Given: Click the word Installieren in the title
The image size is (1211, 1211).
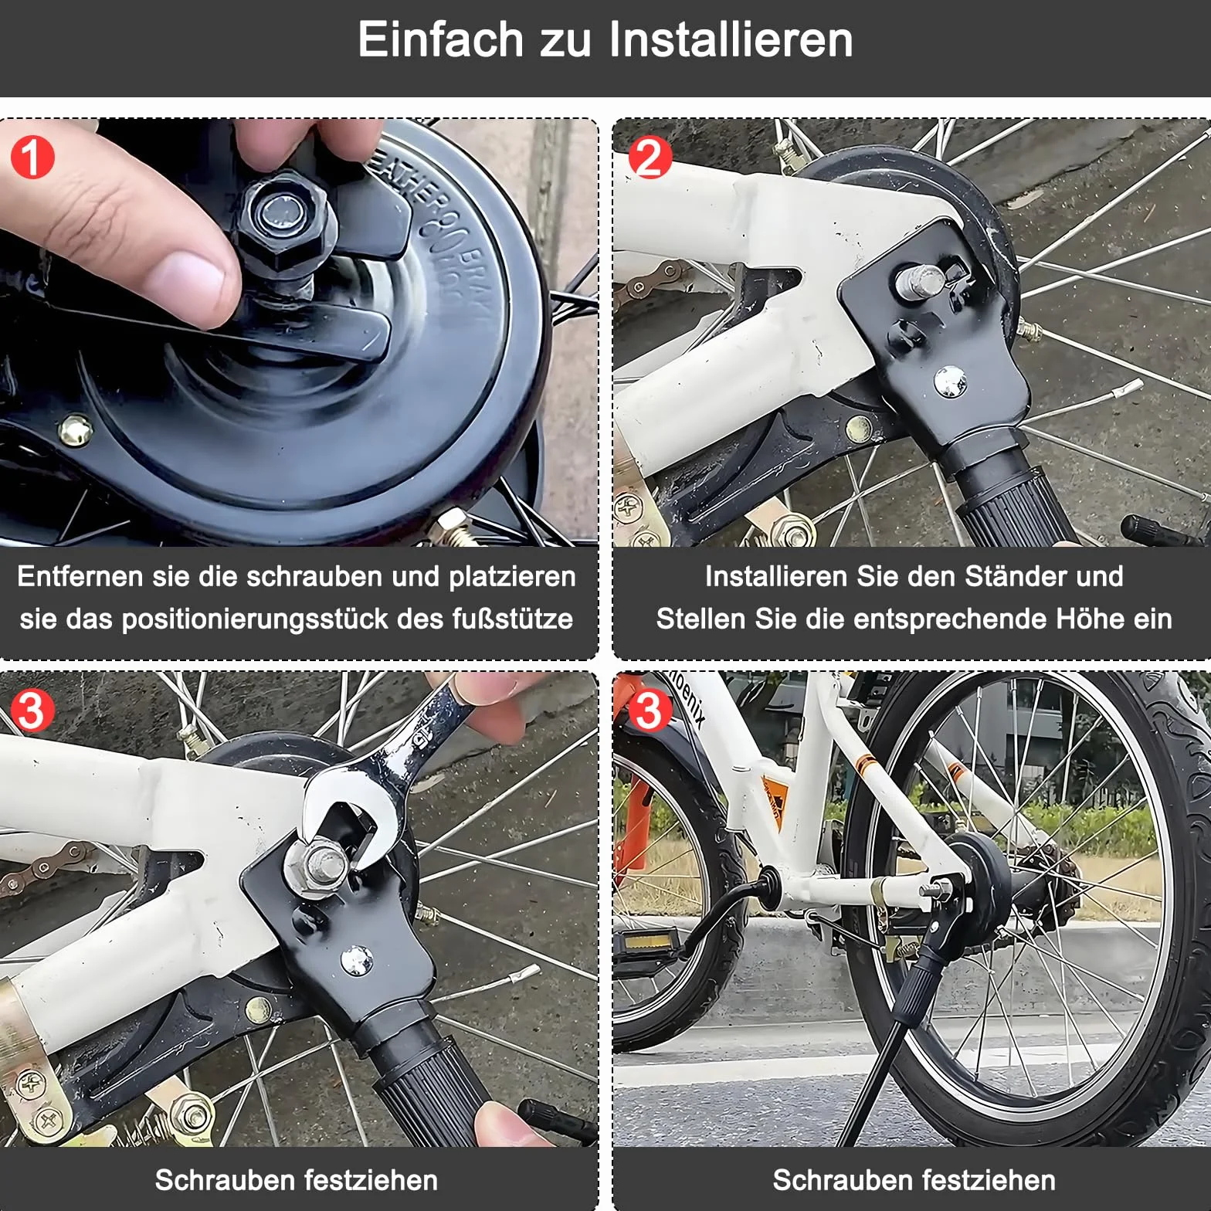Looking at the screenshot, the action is pyautogui.click(x=731, y=40).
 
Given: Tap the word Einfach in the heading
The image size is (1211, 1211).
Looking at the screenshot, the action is pyautogui.click(x=440, y=40).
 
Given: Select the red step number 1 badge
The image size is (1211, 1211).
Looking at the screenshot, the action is pyautogui.click(x=32, y=157).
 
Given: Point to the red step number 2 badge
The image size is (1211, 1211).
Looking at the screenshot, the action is pyautogui.click(x=650, y=157).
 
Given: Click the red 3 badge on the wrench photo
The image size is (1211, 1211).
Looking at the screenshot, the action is pyautogui.click(x=32, y=709).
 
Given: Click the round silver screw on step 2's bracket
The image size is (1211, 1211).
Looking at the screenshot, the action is pyautogui.click(x=949, y=381).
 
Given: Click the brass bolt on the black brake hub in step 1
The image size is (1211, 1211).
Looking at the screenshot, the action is pyautogui.click(x=76, y=429).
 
